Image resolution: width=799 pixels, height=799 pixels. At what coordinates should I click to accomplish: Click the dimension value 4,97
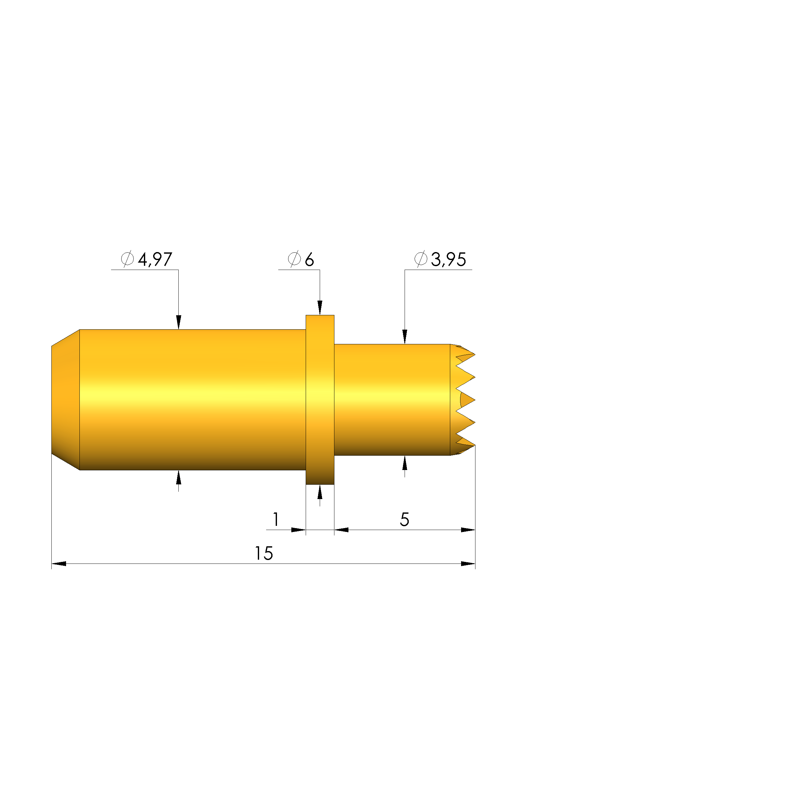tap(155, 260)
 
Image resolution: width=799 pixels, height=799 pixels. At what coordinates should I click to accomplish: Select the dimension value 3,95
tap(448, 260)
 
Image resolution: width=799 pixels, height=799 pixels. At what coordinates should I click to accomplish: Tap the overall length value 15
tap(264, 553)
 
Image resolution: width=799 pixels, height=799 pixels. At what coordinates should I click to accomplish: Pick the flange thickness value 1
tap(276, 519)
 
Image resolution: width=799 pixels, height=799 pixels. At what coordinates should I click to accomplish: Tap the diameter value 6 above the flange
tap(309, 260)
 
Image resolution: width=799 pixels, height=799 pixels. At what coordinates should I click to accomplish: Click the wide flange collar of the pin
tap(320, 399)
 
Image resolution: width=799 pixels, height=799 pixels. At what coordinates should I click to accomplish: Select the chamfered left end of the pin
tap(65, 399)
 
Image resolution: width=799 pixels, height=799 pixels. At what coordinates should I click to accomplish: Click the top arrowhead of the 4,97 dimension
tap(179, 322)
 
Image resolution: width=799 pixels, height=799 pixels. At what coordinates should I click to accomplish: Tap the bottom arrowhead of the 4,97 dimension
tap(179, 477)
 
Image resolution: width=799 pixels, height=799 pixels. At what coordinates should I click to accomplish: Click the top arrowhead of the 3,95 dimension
tap(405, 337)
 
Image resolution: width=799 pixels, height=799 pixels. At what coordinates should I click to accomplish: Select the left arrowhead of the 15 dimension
tap(59, 564)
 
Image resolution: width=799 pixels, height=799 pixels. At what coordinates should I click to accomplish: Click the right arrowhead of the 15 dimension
tap(468, 564)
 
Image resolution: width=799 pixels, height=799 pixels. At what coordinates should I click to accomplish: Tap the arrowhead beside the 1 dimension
tap(298, 530)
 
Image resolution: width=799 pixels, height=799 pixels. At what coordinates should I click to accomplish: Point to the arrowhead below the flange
tap(320, 492)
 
